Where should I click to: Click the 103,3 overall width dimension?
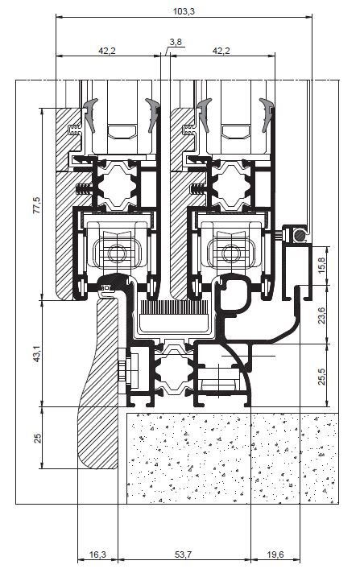tap(184, 11)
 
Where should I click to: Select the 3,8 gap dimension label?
tap(176, 42)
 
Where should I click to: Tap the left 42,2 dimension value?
tap(107, 51)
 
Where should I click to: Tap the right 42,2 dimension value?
tap(221, 51)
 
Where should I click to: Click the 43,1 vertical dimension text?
tap(37, 354)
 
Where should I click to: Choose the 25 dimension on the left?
tap(37, 438)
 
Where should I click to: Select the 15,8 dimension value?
tap(321, 266)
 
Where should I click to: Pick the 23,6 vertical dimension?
tap(321, 315)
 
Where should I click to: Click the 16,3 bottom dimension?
tap(97, 554)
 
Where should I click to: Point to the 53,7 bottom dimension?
tap(183, 554)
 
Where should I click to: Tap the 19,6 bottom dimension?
tap(275, 554)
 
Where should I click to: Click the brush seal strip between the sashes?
tap(174, 307)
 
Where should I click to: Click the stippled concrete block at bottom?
tap(232, 458)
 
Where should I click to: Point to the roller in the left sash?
tap(118, 253)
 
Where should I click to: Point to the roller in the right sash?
tap(231, 253)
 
